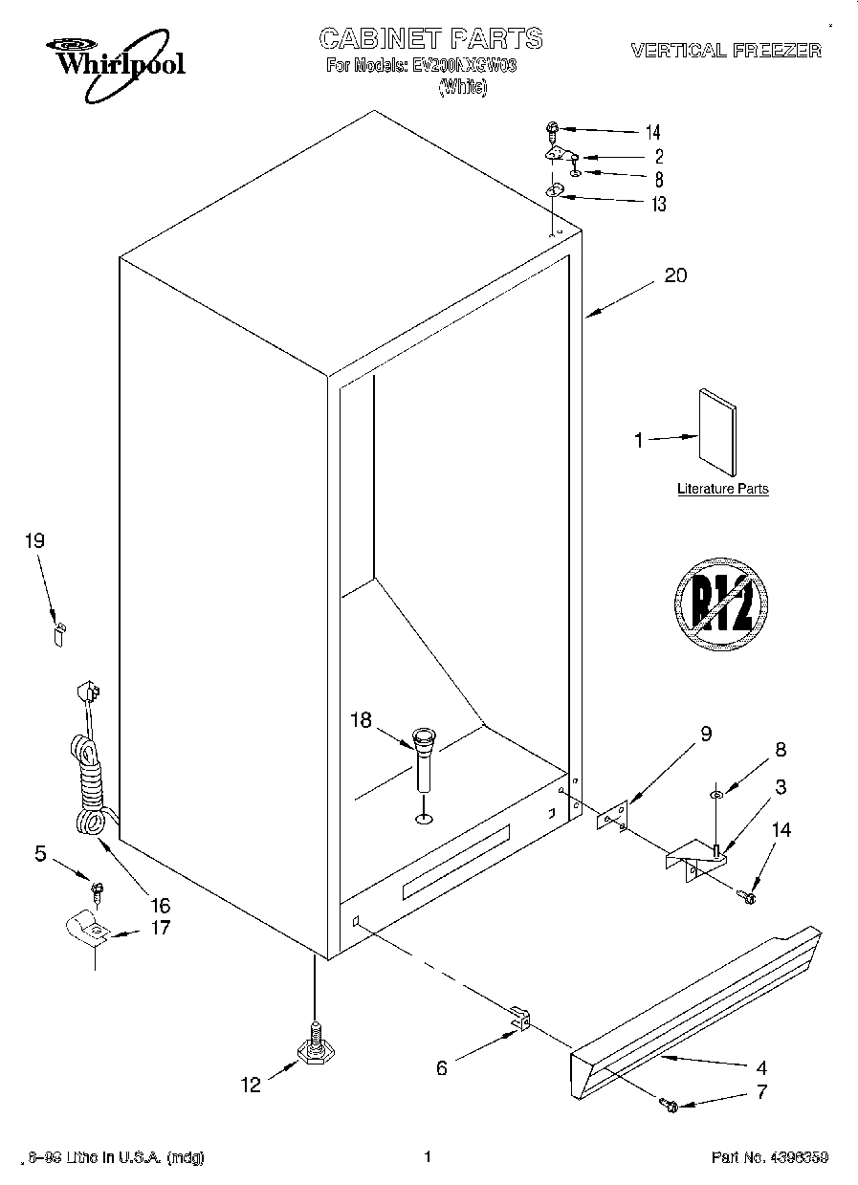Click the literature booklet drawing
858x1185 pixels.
pos(717,433)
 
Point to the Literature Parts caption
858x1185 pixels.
pos(722,489)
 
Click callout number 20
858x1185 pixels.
pos(675,276)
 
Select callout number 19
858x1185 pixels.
pos(34,541)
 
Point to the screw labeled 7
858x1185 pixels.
pos(670,1106)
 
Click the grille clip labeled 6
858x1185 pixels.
pos(519,1020)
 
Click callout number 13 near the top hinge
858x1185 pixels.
pos(658,204)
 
